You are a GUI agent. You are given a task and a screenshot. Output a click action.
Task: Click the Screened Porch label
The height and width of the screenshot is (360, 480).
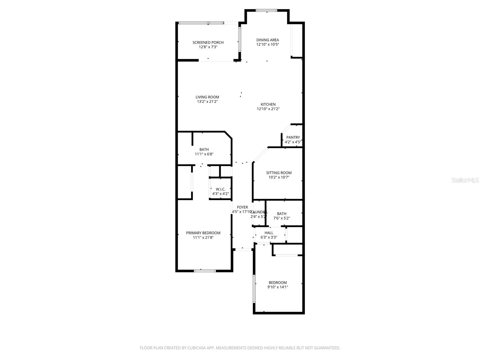[x=208, y=43]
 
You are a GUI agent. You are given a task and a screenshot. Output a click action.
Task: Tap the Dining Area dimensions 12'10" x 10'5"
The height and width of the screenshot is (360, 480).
[x=268, y=44]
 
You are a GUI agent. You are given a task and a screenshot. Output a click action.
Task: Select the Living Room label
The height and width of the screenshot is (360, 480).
[x=207, y=97]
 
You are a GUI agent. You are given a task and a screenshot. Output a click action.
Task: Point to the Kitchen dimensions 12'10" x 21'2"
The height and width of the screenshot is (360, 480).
[x=268, y=109]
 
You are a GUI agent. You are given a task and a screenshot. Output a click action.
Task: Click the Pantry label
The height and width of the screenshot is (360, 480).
[x=293, y=137]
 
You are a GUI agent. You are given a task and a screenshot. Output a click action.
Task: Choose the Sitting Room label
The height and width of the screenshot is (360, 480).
[x=279, y=173]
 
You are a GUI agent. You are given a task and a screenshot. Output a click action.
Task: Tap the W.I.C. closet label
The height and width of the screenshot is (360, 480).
[x=220, y=189]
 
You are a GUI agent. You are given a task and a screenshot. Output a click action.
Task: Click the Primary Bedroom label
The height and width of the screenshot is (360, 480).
[x=203, y=233]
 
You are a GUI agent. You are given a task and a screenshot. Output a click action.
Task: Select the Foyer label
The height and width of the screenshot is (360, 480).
[x=242, y=207]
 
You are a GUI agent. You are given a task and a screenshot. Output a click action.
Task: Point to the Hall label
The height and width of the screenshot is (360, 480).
[x=269, y=233]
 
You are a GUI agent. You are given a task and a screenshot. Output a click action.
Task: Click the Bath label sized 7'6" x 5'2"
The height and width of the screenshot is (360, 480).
[x=281, y=214]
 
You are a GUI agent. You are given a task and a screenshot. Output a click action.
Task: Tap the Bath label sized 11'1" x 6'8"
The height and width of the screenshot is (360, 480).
[x=204, y=150]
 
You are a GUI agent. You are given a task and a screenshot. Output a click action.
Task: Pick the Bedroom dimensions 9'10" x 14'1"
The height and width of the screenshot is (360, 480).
[x=277, y=287]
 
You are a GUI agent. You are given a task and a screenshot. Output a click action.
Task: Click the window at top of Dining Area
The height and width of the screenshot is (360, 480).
[x=266, y=11]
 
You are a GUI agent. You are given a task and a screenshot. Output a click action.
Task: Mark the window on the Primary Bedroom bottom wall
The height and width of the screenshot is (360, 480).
[x=205, y=271]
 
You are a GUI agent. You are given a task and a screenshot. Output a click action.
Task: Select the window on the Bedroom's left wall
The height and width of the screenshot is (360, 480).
[x=254, y=289]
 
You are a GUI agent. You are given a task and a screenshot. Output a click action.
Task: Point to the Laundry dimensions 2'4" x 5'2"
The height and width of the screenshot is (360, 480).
[x=259, y=216]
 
